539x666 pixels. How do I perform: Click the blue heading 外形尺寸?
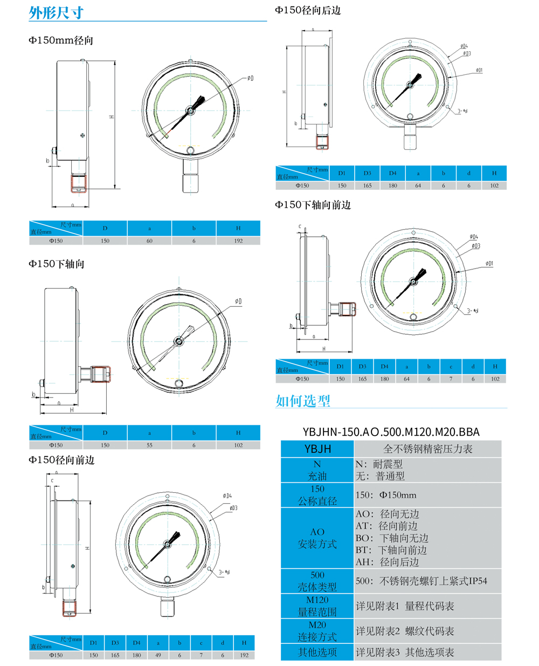[x=56, y=12]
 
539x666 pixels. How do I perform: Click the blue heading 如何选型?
[x=302, y=401]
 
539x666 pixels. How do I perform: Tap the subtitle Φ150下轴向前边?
[x=313, y=205]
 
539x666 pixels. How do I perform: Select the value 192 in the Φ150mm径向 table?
[x=238, y=241]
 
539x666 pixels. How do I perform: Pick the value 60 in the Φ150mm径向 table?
[x=149, y=241]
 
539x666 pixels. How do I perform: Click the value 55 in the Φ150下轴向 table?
[x=149, y=445]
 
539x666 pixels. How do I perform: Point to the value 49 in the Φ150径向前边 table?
[x=158, y=655]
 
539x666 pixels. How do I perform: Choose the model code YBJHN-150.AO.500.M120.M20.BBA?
[x=391, y=432]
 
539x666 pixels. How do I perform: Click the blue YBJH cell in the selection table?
[x=317, y=449]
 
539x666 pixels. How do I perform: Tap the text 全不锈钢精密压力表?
[x=427, y=449]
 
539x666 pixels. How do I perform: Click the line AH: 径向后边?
[x=387, y=562]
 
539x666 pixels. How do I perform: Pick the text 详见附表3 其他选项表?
[x=405, y=653]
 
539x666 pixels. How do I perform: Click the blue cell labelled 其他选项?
[x=317, y=653]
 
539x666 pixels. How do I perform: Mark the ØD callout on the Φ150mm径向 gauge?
[x=250, y=78]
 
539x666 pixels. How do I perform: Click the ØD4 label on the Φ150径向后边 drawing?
[x=464, y=46]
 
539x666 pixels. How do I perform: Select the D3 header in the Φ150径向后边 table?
[x=367, y=173]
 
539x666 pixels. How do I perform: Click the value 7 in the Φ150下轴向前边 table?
[x=451, y=379]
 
